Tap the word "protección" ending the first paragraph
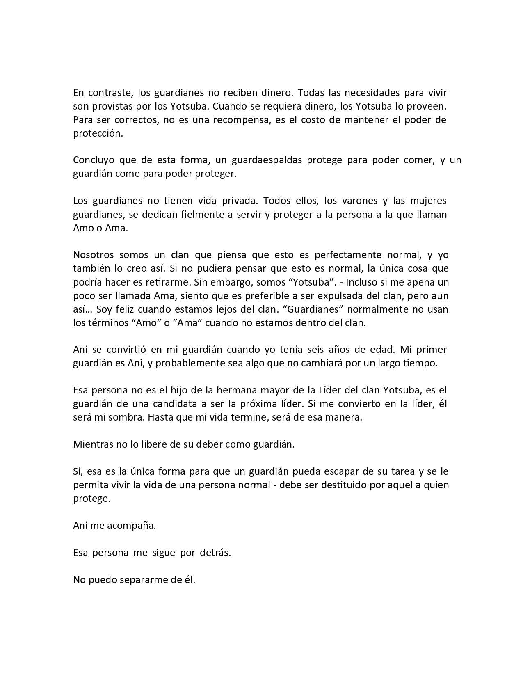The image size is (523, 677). tap(98, 133)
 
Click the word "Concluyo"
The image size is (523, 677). tap(94, 160)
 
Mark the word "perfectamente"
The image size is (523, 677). tap(347, 255)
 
